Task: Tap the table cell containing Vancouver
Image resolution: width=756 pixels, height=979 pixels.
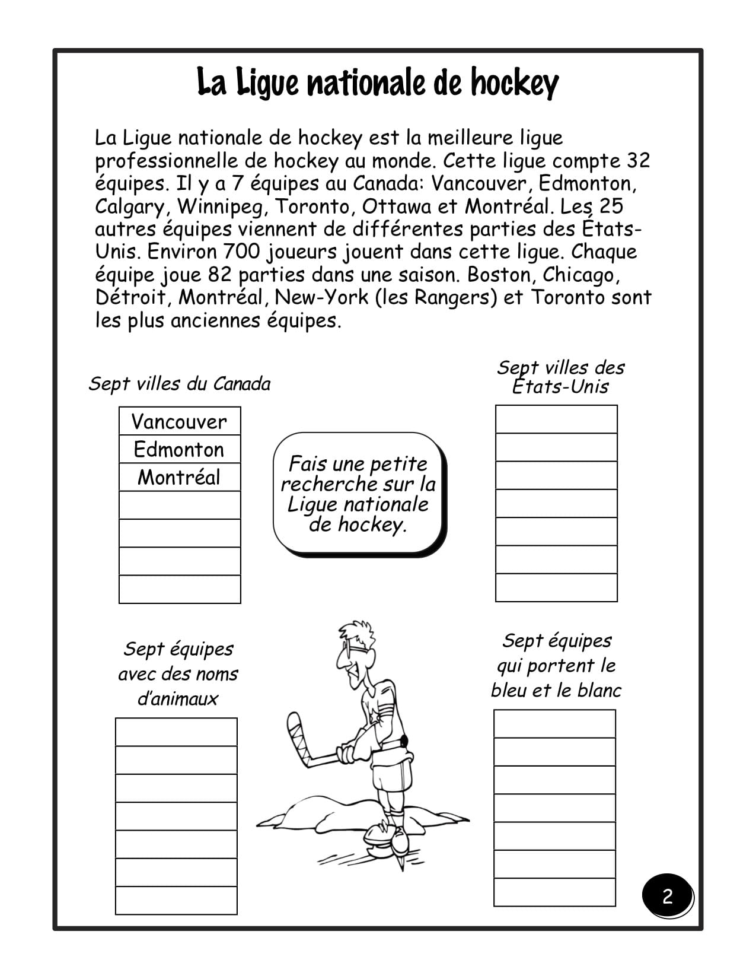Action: tap(180, 421)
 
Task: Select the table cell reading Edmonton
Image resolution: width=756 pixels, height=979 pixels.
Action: tap(180, 449)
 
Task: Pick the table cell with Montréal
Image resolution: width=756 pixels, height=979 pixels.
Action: tap(180, 477)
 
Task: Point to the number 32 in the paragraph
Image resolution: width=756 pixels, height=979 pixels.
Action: tap(637, 160)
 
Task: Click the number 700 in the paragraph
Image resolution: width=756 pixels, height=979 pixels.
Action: tap(241, 252)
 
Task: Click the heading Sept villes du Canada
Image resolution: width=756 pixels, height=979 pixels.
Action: tap(180, 383)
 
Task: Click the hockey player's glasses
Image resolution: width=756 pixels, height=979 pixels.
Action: tap(349, 650)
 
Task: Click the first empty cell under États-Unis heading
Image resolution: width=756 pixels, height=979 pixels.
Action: tap(556, 419)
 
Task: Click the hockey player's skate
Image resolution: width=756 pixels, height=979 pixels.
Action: tap(388, 834)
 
